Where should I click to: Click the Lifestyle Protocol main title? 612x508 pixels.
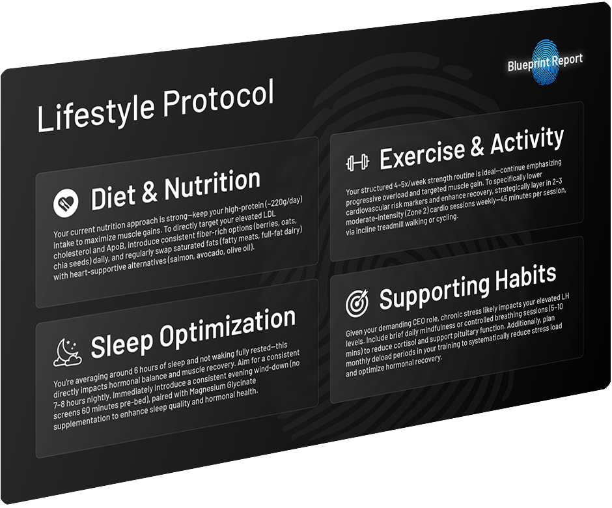click(x=156, y=105)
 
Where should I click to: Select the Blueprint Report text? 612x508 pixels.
click(x=545, y=63)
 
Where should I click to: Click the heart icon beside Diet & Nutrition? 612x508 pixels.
click(x=66, y=203)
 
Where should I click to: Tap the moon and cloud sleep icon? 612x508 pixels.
click(x=67, y=352)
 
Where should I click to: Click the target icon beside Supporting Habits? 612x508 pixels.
click(x=357, y=303)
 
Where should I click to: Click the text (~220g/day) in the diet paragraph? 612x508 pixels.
click(x=284, y=203)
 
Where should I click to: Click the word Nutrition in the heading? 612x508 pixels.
click(x=212, y=184)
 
